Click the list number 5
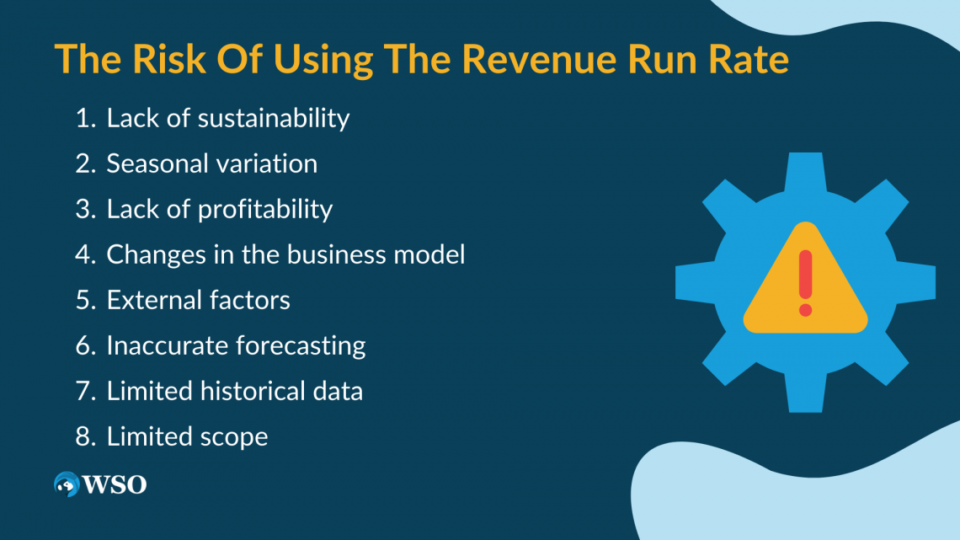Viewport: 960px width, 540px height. point(84,300)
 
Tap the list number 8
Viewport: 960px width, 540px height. point(84,436)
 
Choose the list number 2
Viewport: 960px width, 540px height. point(84,163)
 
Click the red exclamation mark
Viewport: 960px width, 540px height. point(805,282)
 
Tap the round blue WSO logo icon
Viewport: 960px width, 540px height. point(67,484)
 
